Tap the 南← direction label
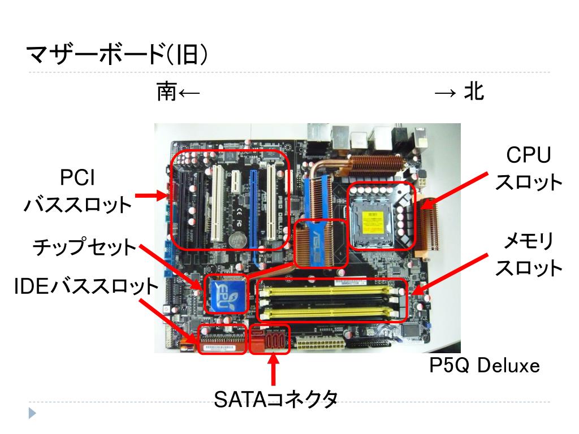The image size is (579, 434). click(178, 92)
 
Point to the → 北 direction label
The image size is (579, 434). click(459, 92)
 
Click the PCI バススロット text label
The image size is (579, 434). click(77, 192)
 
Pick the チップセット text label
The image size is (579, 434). click(85, 248)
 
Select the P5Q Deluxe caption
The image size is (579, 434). click(485, 366)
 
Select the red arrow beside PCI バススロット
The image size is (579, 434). click(151, 196)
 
